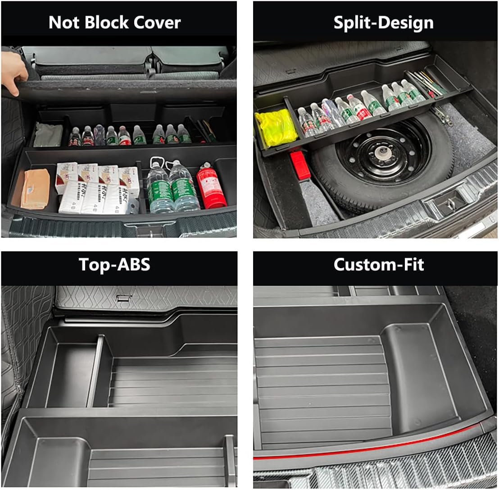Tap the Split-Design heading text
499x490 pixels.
[x=383, y=22]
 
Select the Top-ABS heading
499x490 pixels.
[x=114, y=264]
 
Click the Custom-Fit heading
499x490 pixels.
[x=378, y=264]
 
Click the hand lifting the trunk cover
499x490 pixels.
[x=13, y=72]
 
